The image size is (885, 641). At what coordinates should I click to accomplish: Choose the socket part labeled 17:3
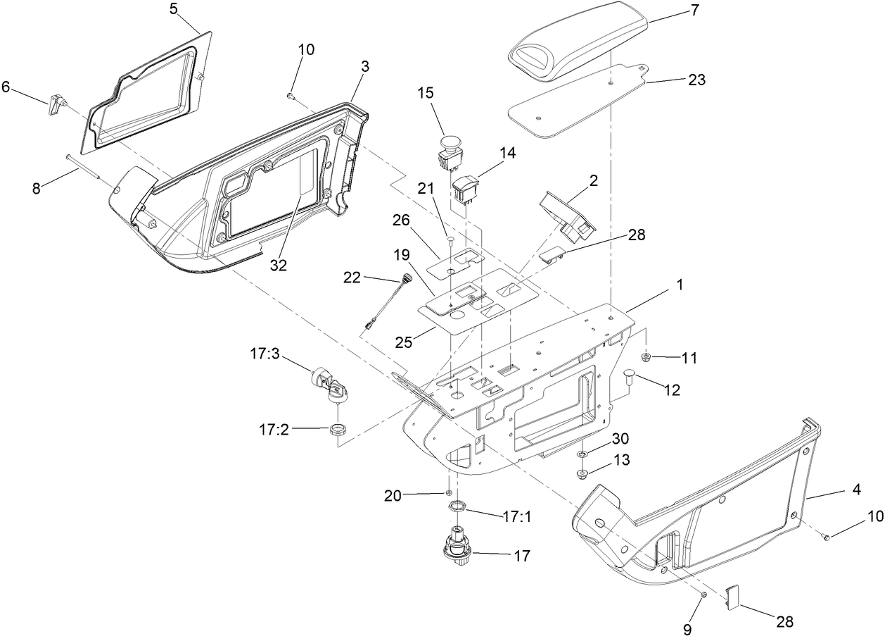[329, 385]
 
